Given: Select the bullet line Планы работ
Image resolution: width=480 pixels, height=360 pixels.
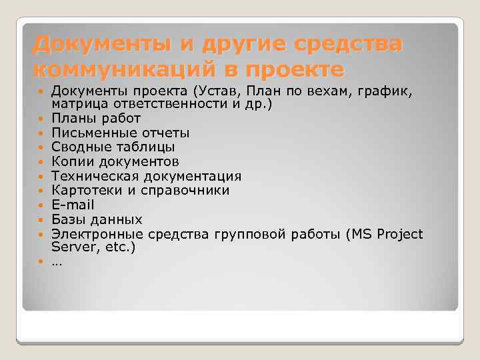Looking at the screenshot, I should tap(96, 118).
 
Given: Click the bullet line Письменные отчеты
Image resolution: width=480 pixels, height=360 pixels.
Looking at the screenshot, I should tap(120, 133).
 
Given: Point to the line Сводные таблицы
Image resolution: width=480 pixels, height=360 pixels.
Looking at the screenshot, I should tap(113, 147).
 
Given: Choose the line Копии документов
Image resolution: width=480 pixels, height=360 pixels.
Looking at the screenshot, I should tap(115, 161).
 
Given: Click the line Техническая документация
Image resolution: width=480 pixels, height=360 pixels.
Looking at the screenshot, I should tap(146, 176).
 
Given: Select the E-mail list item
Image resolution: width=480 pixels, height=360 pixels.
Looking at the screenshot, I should tap(73, 205).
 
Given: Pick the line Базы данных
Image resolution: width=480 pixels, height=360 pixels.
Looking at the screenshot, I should tap(97, 219).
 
